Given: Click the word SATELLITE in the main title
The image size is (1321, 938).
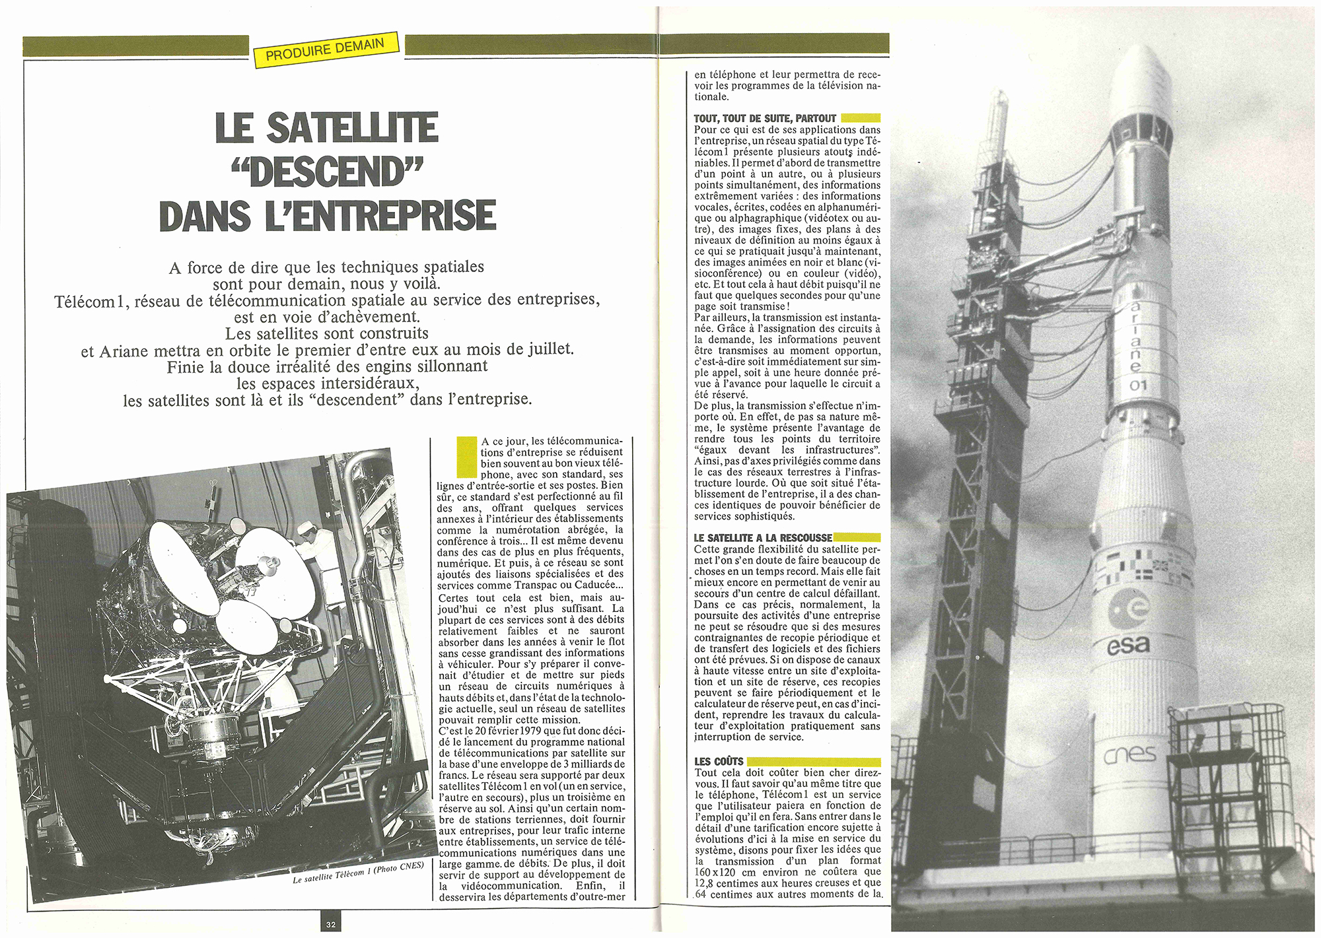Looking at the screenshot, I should tap(351, 128).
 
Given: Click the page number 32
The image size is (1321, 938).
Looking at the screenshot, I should tap(331, 924).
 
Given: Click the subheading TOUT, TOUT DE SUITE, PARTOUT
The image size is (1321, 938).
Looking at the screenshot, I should tap(765, 119).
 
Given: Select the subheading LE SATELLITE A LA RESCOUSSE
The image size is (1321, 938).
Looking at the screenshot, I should tap(762, 538).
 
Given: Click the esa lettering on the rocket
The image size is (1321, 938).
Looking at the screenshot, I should tap(1128, 646).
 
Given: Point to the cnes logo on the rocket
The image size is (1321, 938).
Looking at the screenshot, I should tap(1130, 754).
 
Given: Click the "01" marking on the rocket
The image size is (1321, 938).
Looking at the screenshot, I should tap(1138, 385).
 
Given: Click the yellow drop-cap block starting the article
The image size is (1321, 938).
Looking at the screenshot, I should tap(466, 457).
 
